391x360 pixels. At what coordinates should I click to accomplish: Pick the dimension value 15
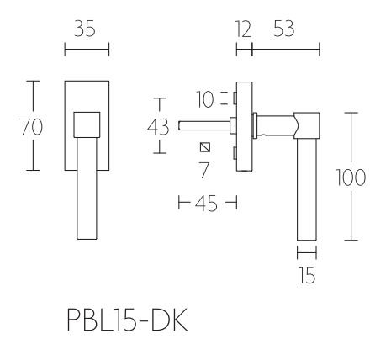pyautogui.click(x=307, y=274)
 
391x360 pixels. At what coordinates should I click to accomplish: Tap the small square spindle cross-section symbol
pyautogui.click(x=203, y=149)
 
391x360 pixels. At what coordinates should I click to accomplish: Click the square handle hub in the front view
pyautogui.click(x=87, y=125)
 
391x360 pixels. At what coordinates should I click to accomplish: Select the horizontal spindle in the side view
pyautogui.click(x=206, y=127)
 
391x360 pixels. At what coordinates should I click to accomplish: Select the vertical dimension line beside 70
pyautogui.click(x=33, y=126)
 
